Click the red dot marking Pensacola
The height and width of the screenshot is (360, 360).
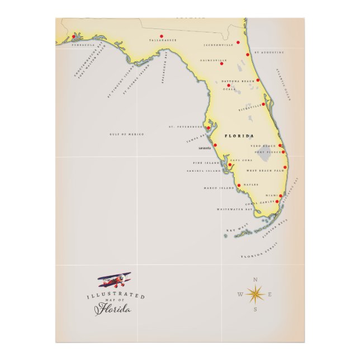tap(73, 37)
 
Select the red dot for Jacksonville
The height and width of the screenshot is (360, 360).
tap(238, 42)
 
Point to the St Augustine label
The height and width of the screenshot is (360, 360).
tap(269, 52)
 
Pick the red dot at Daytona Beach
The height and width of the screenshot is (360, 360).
tap(258, 80)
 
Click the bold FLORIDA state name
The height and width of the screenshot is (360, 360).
tap(239, 136)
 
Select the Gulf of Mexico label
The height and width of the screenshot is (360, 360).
tap(126, 134)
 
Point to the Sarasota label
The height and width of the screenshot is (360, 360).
tap(205, 148)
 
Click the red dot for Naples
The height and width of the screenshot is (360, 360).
tap(239, 185)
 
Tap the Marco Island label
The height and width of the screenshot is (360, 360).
tap(217, 188)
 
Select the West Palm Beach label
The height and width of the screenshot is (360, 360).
tap(266, 170)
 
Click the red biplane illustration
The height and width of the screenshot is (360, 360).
tap(115, 280)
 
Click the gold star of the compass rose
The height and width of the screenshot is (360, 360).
tap(255, 293)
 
